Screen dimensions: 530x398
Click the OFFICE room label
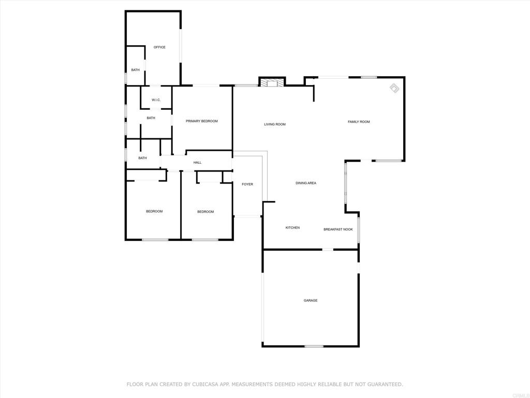coord(159,47)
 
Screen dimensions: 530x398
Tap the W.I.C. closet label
coord(156,100)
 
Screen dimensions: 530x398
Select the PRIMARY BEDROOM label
coord(202,121)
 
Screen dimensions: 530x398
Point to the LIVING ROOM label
coord(275,124)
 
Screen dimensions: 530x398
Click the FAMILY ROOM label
coord(359,122)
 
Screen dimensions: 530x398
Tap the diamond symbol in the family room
coord(394,88)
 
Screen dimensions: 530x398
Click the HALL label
coord(197,163)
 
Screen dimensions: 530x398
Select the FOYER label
coord(247,184)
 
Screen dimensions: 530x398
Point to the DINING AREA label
coord(306,183)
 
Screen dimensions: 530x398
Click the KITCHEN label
coord(293,228)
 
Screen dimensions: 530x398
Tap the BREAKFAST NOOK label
coord(338,230)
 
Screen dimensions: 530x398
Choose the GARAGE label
coord(311,301)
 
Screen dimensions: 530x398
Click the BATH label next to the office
coord(136,70)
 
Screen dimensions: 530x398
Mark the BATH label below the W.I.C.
coord(151,118)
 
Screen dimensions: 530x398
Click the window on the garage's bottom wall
coord(314,346)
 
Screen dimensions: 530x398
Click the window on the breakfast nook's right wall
coord(359,230)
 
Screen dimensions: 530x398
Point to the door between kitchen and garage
coord(328,250)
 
